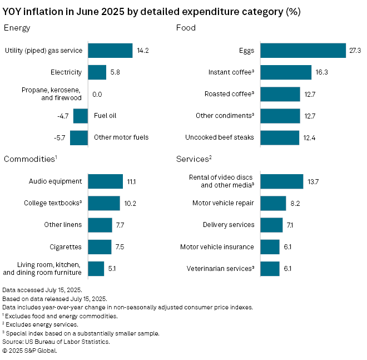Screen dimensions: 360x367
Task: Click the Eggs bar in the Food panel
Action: (x=303, y=51)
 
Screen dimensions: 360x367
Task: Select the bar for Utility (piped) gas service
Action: (x=110, y=51)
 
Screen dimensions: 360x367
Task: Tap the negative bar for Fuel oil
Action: (x=81, y=116)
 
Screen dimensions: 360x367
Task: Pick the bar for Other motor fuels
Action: (x=79, y=137)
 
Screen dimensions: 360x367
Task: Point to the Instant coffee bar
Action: (x=286, y=72)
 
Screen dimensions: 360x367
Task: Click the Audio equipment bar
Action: (x=105, y=181)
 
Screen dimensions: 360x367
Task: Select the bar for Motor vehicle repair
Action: (x=273, y=203)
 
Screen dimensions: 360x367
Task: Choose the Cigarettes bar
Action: (x=100, y=246)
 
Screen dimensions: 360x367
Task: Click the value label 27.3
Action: (x=355, y=51)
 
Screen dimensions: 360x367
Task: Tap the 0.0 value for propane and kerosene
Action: (x=97, y=94)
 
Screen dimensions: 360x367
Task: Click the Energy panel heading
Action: (x=17, y=28)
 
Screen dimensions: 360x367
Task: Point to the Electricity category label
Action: (x=66, y=72)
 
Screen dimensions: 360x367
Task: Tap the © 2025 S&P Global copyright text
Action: (x=30, y=351)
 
